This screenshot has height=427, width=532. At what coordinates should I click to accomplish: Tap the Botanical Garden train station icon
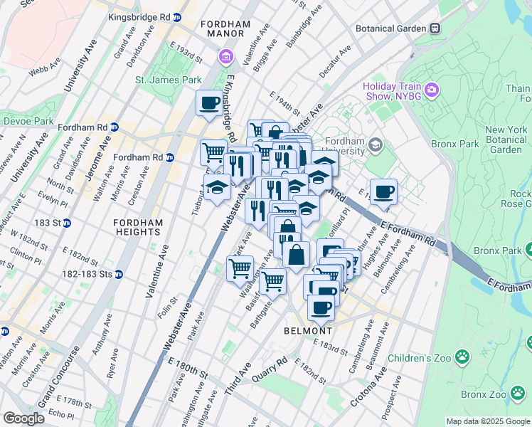point(435,28)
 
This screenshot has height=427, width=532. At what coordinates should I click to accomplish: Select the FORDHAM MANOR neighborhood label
point(225,28)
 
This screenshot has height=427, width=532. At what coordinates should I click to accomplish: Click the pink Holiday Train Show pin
point(431,90)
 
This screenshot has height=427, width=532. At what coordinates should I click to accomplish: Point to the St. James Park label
point(169,80)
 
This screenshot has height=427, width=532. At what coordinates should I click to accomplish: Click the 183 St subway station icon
point(68,223)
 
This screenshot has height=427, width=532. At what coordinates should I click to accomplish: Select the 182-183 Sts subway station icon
point(119,274)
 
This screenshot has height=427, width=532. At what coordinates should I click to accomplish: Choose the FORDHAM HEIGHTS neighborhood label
point(138,227)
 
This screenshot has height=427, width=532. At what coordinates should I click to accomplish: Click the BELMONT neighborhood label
point(308,331)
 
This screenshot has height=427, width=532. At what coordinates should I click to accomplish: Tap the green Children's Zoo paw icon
point(463,356)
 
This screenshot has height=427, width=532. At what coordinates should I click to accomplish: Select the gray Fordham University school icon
point(375,146)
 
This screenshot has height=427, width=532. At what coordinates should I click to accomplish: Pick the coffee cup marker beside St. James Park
point(210,102)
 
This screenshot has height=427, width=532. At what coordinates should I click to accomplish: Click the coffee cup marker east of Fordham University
point(383,191)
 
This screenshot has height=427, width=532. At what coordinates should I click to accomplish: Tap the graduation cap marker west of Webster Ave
point(218,187)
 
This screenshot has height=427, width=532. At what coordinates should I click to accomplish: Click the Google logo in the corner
point(23,418)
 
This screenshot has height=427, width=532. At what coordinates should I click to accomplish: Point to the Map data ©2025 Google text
point(487,421)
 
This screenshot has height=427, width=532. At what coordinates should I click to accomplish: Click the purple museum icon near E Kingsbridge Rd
point(226,56)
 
